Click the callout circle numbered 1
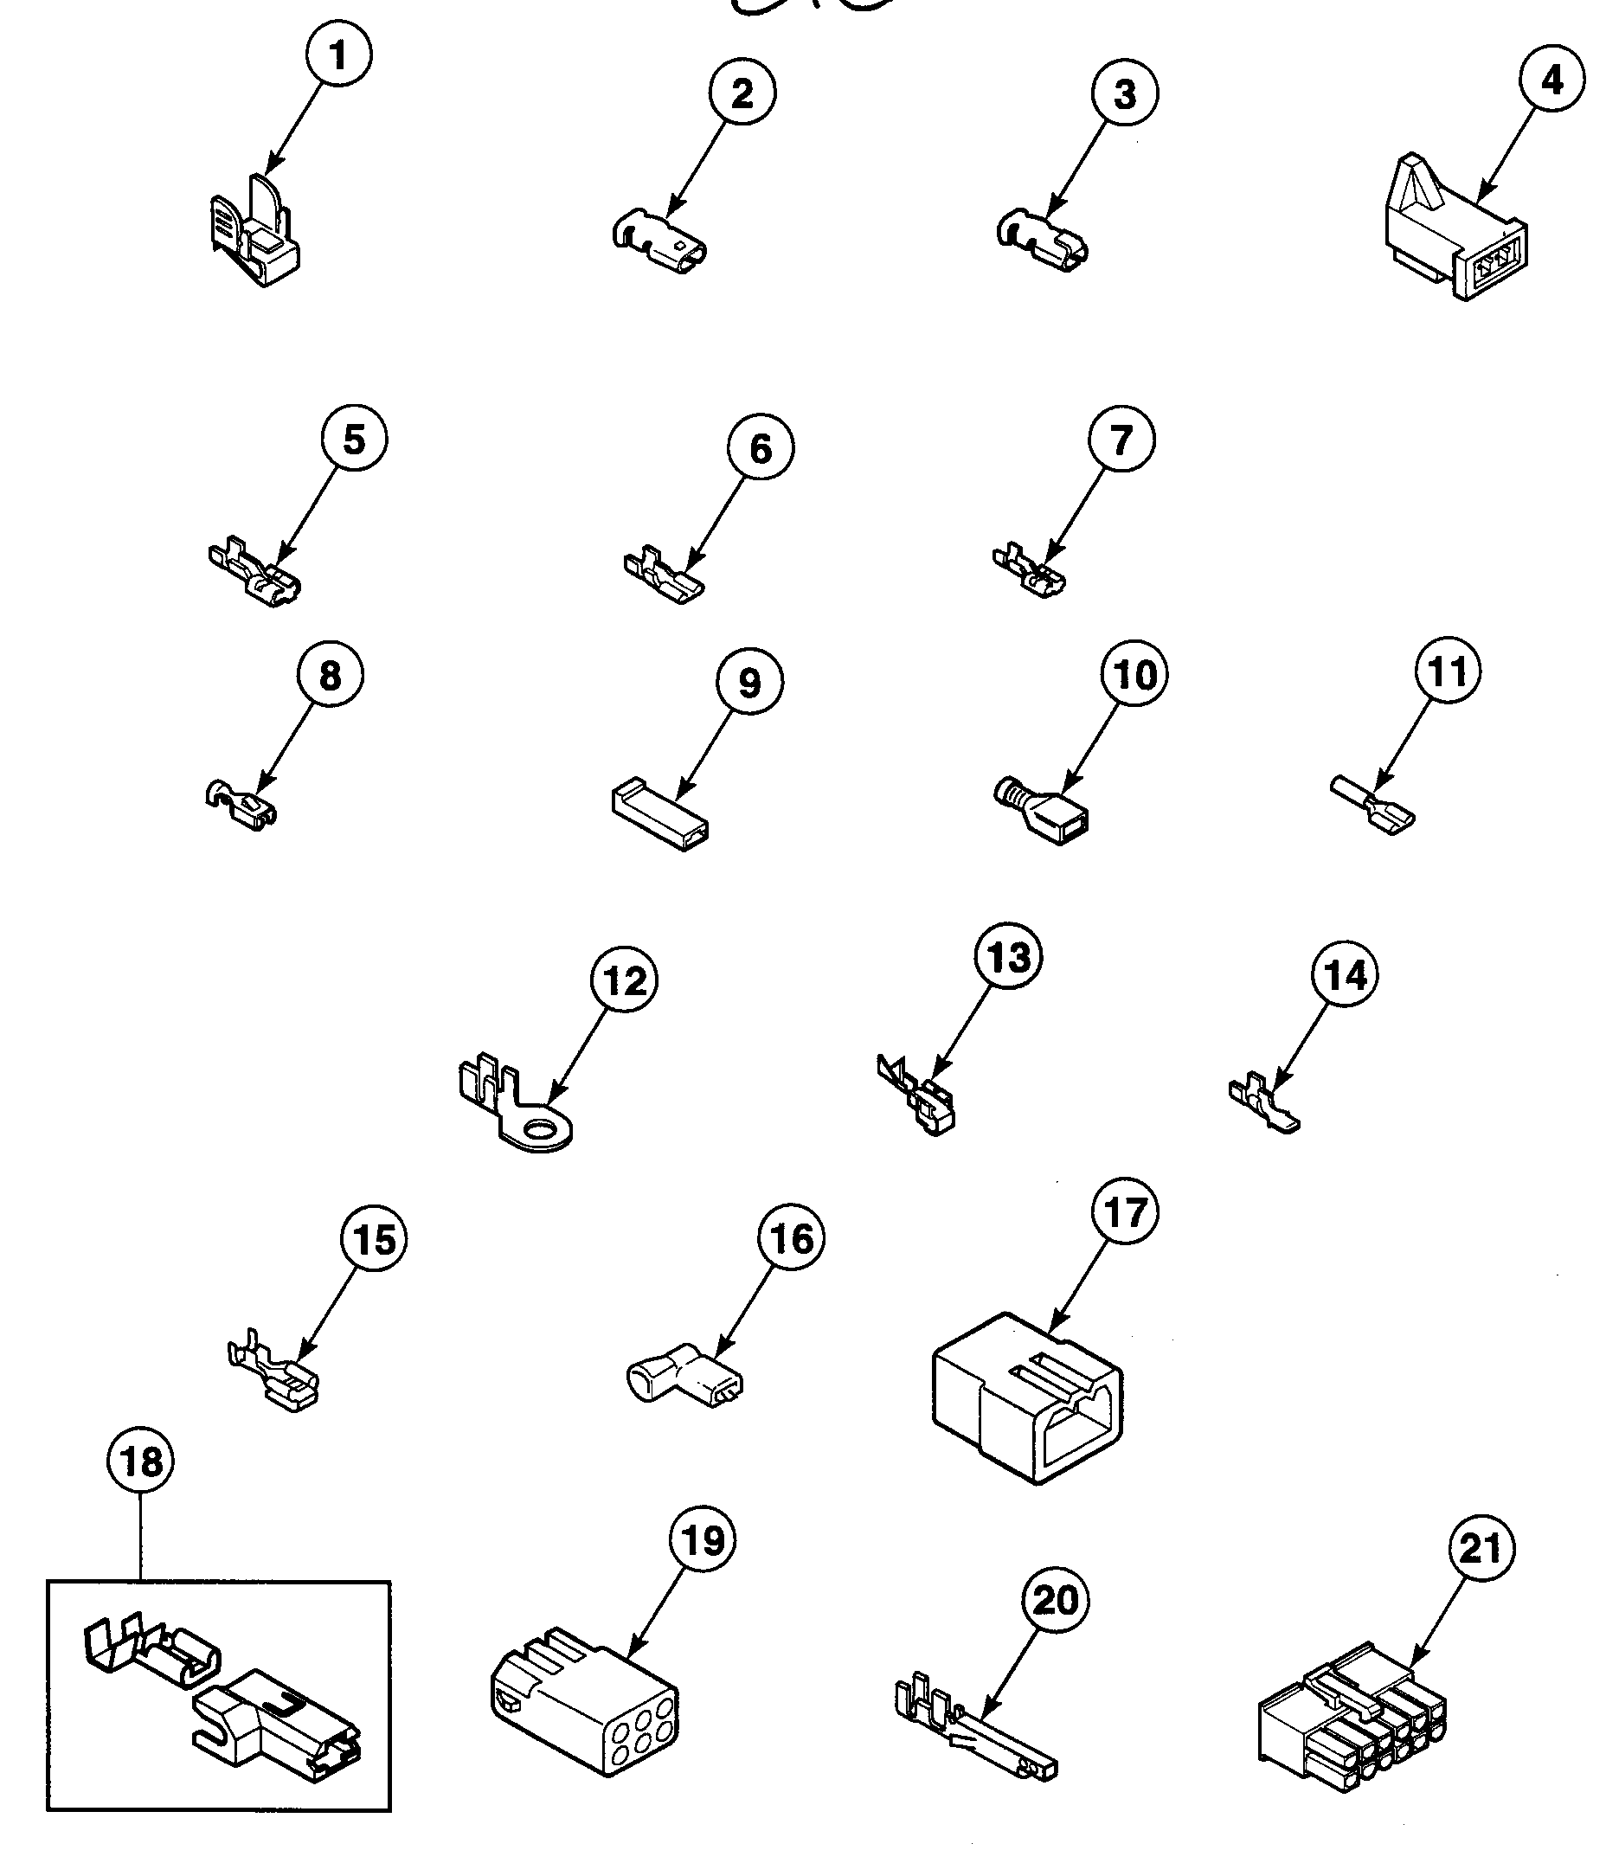[338, 55]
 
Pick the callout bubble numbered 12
[624, 980]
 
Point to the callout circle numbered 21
[1482, 1548]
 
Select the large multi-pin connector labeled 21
[1352, 1719]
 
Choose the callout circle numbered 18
[141, 1461]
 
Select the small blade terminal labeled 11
[1372, 804]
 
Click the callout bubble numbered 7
[1121, 439]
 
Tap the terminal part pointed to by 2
[660, 243]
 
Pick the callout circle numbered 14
[1346, 974]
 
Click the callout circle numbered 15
[374, 1240]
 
